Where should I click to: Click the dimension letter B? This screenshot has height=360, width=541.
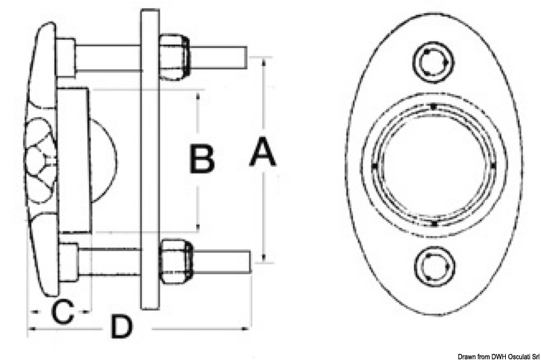click(202, 160)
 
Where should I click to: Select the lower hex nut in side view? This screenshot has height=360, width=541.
click(174, 261)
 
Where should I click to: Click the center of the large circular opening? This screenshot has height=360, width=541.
click(433, 165)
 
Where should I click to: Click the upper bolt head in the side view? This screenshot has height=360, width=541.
click(65, 58)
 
